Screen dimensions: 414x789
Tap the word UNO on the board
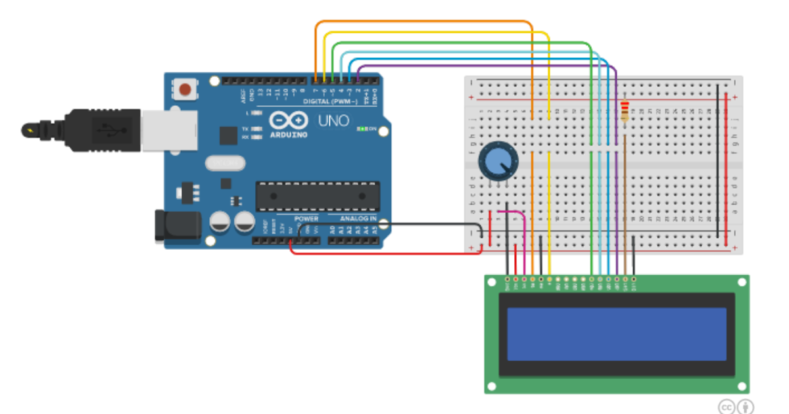(x=333, y=121)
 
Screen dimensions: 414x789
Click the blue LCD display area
(x=617, y=334)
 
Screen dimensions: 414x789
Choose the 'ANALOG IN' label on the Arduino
(x=358, y=218)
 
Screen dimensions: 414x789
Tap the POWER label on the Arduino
(x=306, y=218)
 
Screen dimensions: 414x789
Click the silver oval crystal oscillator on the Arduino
(x=225, y=162)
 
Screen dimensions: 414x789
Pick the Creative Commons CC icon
(x=726, y=405)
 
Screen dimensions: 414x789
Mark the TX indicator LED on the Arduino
(x=255, y=128)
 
